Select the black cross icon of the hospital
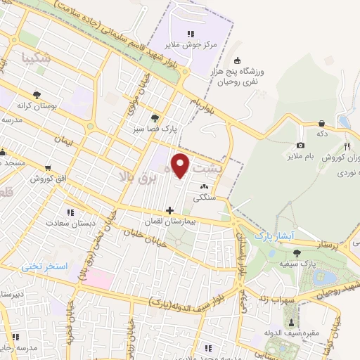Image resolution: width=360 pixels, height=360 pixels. click(169, 210)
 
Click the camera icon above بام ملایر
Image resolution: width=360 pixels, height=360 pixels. click(300, 145)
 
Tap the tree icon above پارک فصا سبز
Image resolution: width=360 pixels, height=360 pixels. click(155, 117)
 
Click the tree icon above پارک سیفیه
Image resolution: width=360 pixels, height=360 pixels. click(298, 252)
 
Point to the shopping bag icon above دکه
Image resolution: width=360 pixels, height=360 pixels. click(321, 122)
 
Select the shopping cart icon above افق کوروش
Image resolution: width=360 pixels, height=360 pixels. click(47, 168)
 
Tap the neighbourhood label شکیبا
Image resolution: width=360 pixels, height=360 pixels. click(37, 58)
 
